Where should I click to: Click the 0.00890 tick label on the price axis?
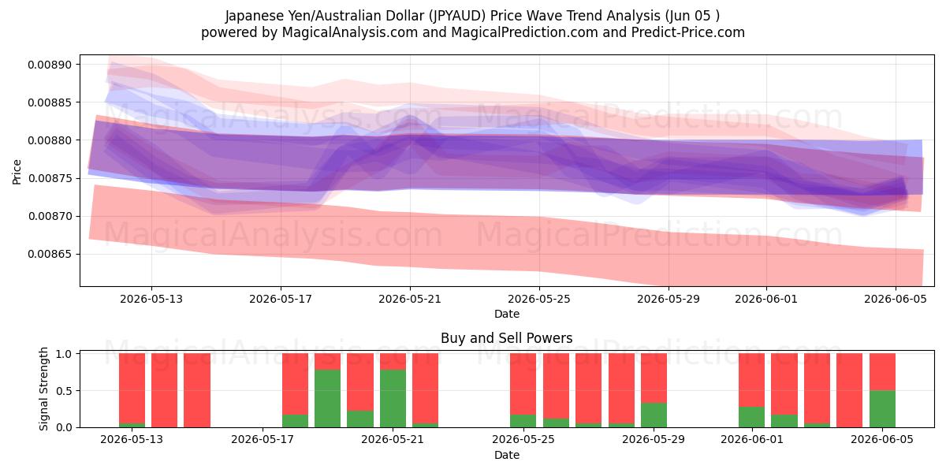click(x=50, y=65)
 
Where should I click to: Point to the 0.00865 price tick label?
click(x=50, y=254)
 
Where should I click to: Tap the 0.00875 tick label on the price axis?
click(x=50, y=178)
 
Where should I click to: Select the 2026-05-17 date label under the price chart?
click(x=281, y=299)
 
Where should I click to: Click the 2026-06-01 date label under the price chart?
click(x=766, y=299)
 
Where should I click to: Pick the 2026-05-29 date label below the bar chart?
click(x=654, y=439)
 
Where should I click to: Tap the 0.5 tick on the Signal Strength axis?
click(x=64, y=391)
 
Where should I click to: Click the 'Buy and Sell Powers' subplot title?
click(x=507, y=338)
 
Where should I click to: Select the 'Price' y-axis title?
click(x=17, y=172)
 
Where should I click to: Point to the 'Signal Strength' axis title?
click(x=43, y=389)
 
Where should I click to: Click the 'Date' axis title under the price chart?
click(x=507, y=314)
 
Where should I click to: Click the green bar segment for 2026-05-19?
click(x=327, y=398)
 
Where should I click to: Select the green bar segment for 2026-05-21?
click(x=393, y=398)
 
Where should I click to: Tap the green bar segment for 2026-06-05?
click(x=882, y=409)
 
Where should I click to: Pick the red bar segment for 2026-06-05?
click(x=882, y=371)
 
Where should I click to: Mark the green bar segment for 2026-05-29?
click(x=654, y=415)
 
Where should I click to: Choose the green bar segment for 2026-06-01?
click(x=752, y=417)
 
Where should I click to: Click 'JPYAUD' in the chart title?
click(x=458, y=16)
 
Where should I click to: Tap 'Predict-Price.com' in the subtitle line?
click(x=688, y=32)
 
